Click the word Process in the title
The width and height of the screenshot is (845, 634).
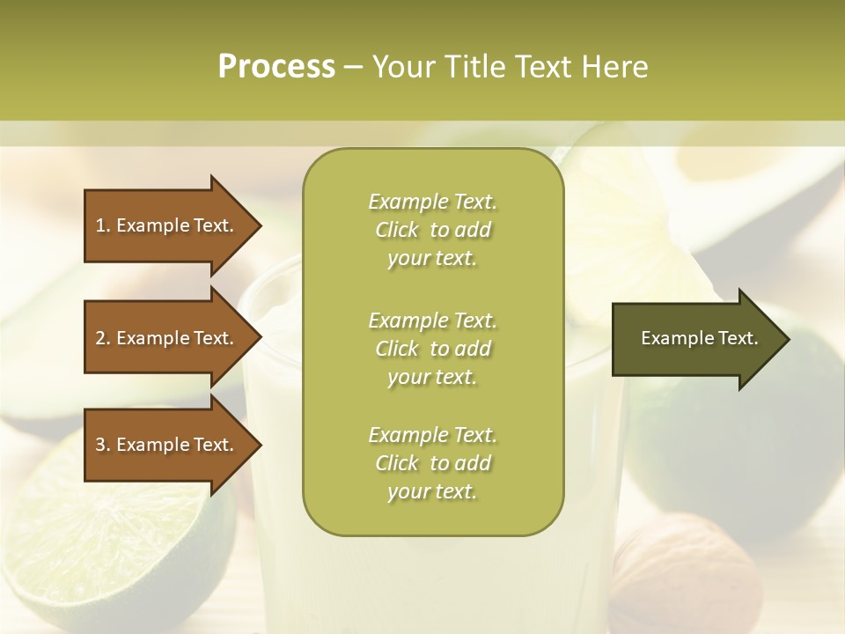coord(276,67)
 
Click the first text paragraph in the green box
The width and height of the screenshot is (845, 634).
coord(432,230)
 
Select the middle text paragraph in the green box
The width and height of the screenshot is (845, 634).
coord(432,349)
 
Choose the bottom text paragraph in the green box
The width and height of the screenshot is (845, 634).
coord(432,463)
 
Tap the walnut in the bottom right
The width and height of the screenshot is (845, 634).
coord(687,572)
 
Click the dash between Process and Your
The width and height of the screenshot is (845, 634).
coord(354,68)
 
